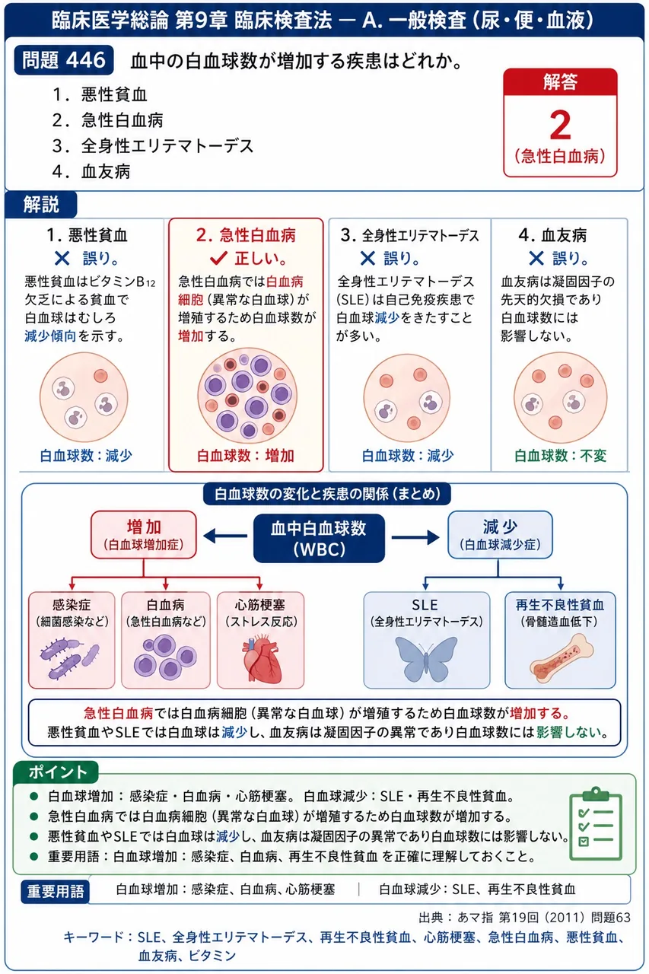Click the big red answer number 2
coord(560,125)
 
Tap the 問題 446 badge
coord(64,59)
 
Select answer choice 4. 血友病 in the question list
coord(91,171)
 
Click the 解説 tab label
coord(41,205)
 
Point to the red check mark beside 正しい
coord(218,258)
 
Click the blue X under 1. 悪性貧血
coord(62,258)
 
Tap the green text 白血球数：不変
coord(560,455)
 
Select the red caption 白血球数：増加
coord(246,455)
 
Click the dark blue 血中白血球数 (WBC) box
coord(319,538)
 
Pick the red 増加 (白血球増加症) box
coord(144,535)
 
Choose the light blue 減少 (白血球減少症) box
coord(500,535)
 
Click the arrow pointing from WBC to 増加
coord(225,536)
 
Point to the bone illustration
coord(562,658)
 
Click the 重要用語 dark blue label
coord(56,892)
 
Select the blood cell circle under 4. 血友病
coord(560,397)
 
